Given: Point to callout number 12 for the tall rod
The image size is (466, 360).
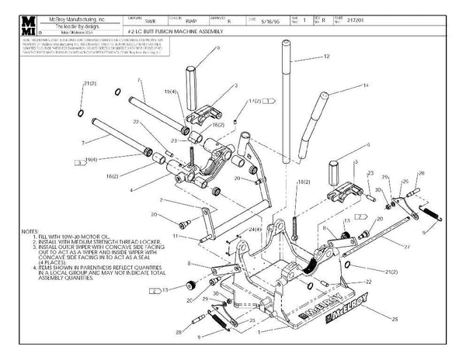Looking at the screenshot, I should pyautogui.click(x=327, y=57).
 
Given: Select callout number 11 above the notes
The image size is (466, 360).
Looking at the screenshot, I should pyautogui.click(x=176, y=235).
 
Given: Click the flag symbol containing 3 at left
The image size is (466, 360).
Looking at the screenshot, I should pyautogui.click(x=81, y=163).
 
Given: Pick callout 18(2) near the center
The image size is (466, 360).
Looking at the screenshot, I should pyautogui.click(x=304, y=181).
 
